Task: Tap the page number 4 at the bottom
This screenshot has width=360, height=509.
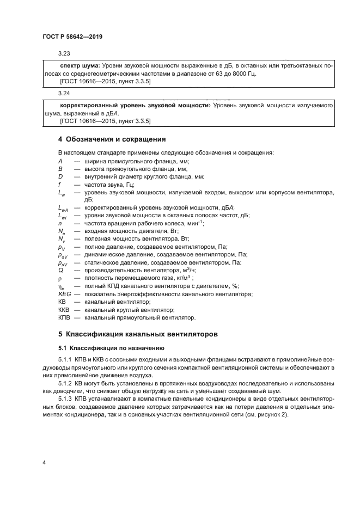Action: [x=44, y=462]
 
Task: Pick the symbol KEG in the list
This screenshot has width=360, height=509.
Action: [x=64, y=294]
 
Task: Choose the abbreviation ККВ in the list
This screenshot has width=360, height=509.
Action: [x=63, y=309]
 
